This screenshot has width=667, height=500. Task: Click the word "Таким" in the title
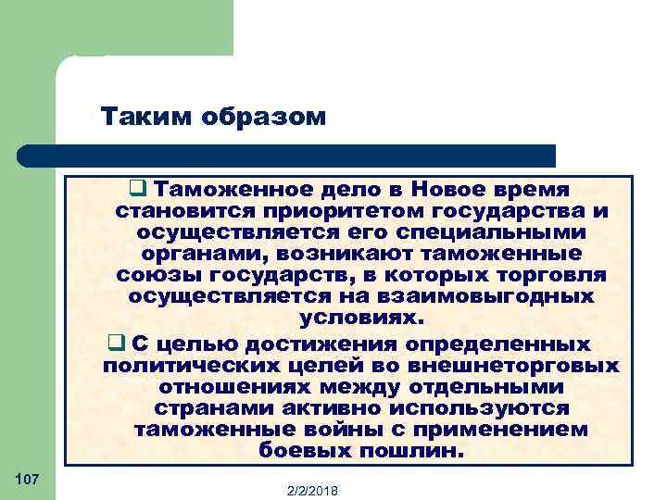[x=137, y=117]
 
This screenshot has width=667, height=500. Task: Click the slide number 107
[x=27, y=478]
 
